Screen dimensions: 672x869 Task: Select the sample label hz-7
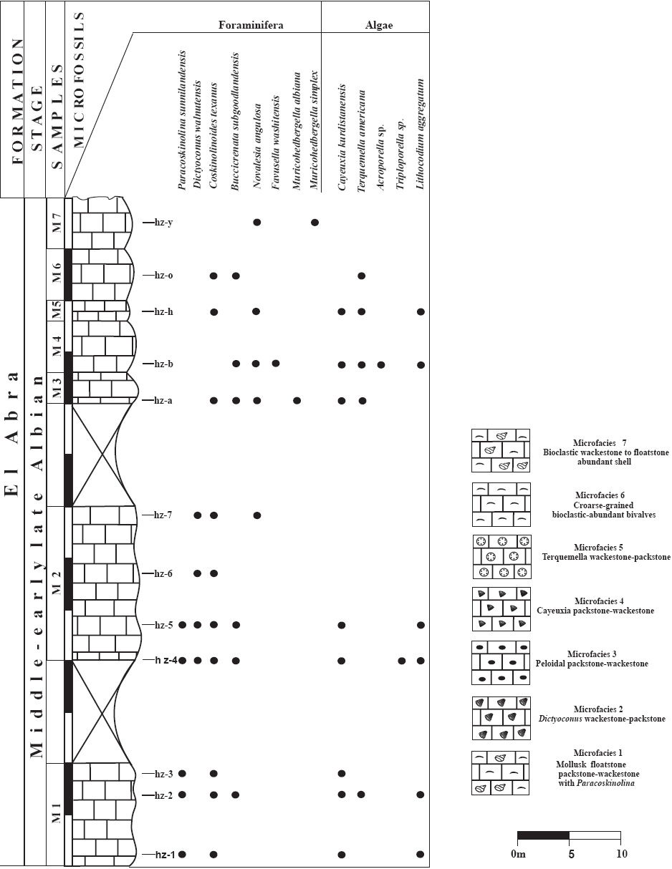[x=163, y=515]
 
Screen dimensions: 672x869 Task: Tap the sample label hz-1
[x=165, y=854]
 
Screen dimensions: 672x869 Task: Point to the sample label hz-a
[x=163, y=400]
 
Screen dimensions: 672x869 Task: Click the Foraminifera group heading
[x=251, y=25]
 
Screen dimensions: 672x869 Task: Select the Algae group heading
[x=378, y=25]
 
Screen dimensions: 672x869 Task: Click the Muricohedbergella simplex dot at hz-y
[x=315, y=223]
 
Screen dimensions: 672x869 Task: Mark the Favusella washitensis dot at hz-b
[x=276, y=364]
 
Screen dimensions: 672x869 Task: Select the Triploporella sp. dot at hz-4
[x=402, y=660]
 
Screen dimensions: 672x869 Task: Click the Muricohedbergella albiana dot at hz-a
[x=297, y=400]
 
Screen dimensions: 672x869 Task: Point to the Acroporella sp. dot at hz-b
[x=381, y=364]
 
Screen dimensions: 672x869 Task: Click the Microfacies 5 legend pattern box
[x=501, y=557]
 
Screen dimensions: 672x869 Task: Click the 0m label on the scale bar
[x=518, y=854]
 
